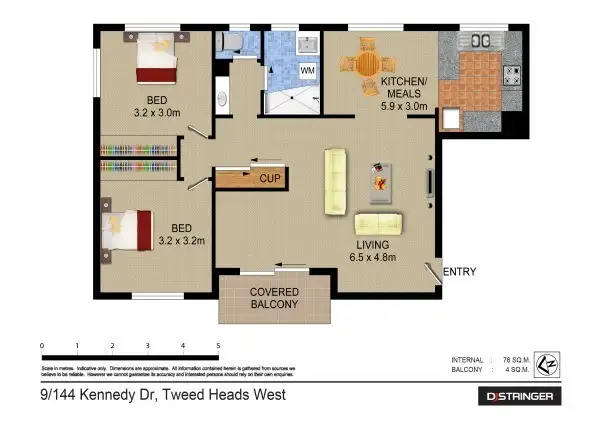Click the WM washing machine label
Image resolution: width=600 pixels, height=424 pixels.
[x=308, y=72]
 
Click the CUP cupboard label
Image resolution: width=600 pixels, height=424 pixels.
[x=268, y=179]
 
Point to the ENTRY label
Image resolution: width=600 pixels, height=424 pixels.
[x=459, y=272]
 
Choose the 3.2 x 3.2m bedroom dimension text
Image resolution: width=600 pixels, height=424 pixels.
[x=187, y=241]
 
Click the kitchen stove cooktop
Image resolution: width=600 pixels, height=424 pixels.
[x=512, y=74]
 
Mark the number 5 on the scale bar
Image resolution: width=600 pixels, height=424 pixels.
[x=218, y=346]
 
